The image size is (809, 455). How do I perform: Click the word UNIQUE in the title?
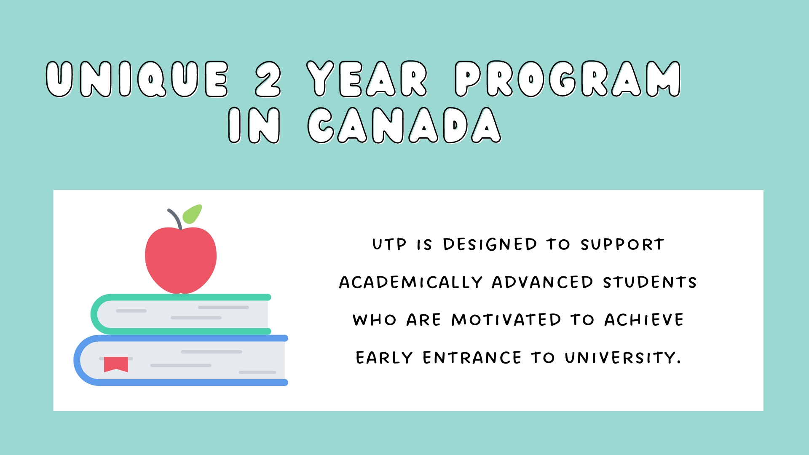(x=137, y=79)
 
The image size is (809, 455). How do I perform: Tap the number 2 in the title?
(x=268, y=79)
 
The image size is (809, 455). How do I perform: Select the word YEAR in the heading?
(x=367, y=79)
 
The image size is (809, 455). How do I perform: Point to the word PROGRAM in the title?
(x=568, y=79)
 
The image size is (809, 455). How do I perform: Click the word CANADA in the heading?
(x=404, y=125)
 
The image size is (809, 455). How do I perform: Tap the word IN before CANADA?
(x=254, y=125)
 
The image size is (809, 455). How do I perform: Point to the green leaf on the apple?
(x=192, y=214)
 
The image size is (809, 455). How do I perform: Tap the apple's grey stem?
(x=175, y=219)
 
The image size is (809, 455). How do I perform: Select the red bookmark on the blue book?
(x=116, y=364)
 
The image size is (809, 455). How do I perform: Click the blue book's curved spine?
(x=78, y=360)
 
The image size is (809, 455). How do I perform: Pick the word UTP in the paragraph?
(x=389, y=244)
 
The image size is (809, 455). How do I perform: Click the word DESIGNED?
(x=490, y=244)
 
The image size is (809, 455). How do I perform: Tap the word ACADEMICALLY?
(x=411, y=282)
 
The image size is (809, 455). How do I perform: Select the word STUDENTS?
(x=650, y=282)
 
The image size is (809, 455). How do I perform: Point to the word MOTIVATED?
(x=506, y=320)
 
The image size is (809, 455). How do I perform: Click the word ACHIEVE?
(x=644, y=320)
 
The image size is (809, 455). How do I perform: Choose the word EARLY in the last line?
(x=384, y=358)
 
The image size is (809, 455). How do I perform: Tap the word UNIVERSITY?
(x=623, y=358)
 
